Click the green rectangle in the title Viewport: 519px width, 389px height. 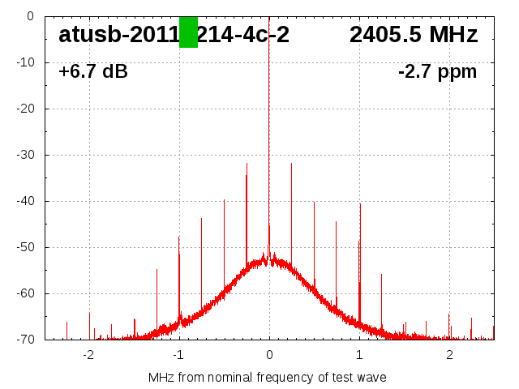tap(188, 32)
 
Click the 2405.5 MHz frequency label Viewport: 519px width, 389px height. tap(414, 35)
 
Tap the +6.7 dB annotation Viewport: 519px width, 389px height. tap(92, 72)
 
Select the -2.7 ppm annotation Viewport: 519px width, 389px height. tap(437, 72)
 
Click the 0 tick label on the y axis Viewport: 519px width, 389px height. tap(29, 16)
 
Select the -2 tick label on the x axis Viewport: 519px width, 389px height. tap(88, 355)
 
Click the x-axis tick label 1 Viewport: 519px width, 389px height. tap(359, 355)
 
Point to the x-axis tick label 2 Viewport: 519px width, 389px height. tap(449, 355)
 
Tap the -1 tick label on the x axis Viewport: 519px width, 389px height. tap(178, 355)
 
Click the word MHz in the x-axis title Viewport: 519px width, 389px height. tap(161, 378)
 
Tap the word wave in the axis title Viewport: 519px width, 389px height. tap(371, 378)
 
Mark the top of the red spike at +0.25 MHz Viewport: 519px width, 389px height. tap(292, 164)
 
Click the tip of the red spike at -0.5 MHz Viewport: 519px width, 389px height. tap(224, 199)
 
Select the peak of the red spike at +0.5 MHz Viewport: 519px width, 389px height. tap(314, 202)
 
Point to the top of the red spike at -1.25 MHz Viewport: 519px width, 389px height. tap(157, 270)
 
